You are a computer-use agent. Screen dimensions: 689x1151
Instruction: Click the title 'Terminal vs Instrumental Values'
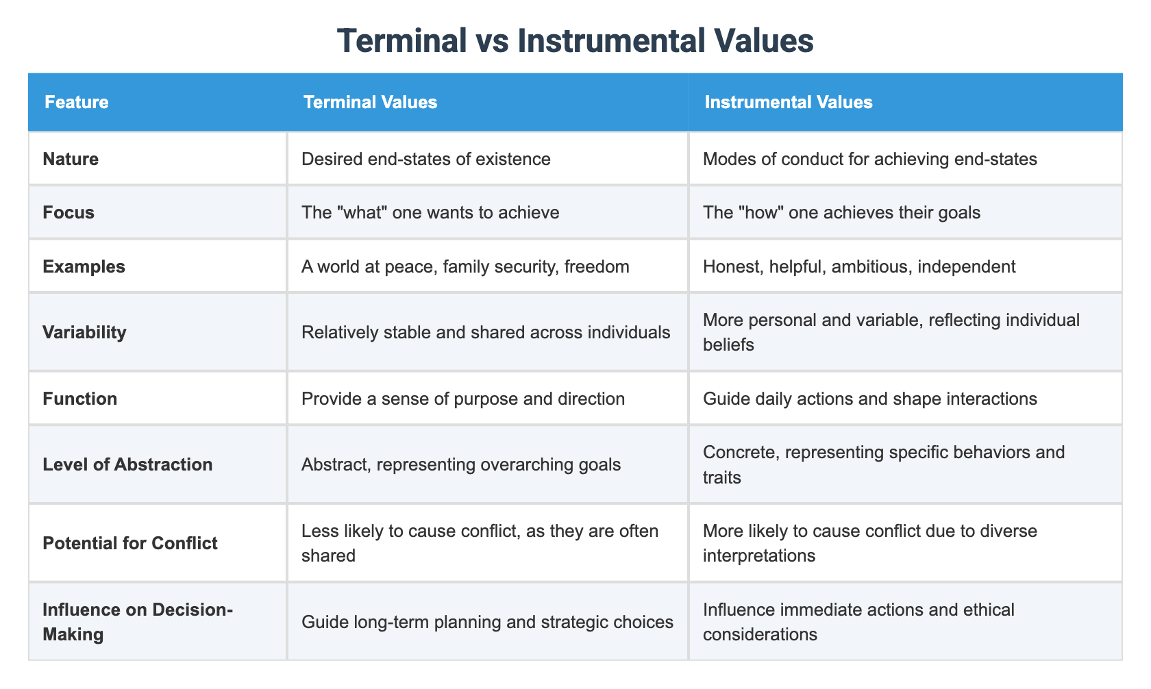(x=575, y=41)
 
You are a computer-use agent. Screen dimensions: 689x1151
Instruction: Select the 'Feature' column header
(x=77, y=103)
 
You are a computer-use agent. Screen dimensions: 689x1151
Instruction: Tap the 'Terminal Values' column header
(x=370, y=103)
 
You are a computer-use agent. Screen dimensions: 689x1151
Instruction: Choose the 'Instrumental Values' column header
(x=789, y=103)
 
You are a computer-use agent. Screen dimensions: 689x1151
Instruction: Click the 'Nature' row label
(x=71, y=159)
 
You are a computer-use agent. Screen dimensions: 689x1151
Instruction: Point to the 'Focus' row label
(x=69, y=212)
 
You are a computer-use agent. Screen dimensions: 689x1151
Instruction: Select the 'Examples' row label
(x=84, y=266)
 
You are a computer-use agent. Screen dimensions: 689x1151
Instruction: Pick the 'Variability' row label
(x=84, y=332)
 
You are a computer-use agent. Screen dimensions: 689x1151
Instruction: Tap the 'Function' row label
(x=79, y=399)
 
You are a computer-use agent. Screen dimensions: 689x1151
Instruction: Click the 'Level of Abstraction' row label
(x=127, y=464)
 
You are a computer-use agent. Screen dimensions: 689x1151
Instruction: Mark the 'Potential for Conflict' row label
(x=130, y=543)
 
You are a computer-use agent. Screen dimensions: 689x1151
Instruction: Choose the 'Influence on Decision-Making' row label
(x=137, y=622)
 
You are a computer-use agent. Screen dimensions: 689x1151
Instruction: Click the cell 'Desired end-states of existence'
(x=426, y=159)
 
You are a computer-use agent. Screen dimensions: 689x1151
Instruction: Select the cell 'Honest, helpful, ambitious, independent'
(x=859, y=266)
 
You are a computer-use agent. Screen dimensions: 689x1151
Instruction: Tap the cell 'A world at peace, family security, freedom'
(x=465, y=266)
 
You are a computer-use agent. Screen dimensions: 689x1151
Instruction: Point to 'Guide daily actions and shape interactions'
(x=870, y=399)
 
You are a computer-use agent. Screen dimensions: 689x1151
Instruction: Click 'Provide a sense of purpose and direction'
(x=463, y=399)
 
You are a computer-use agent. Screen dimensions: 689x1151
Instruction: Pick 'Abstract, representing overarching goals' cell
(x=461, y=464)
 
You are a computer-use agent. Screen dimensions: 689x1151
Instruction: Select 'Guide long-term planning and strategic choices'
(x=487, y=622)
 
